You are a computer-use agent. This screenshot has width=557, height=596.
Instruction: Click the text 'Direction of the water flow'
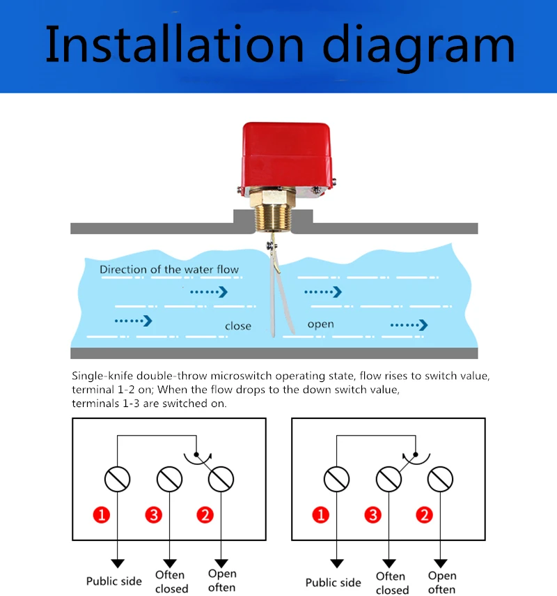point(168,270)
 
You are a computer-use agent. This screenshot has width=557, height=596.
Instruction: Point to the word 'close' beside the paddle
point(238,326)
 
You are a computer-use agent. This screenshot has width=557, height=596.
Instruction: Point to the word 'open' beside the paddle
point(320,324)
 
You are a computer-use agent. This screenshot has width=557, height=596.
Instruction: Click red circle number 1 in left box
point(102,515)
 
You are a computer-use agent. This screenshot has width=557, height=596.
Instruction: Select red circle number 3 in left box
point(154,515)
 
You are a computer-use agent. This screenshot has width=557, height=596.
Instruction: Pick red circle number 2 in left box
point(205,515)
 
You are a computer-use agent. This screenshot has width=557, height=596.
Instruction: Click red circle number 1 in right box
point(321,515)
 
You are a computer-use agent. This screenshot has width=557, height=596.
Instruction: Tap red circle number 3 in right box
point(373,515)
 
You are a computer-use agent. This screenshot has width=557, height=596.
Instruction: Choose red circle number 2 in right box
point(424,515)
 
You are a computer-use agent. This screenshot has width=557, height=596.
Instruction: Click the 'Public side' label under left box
point(114,581)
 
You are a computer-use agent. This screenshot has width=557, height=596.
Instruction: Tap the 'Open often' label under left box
point(222,581)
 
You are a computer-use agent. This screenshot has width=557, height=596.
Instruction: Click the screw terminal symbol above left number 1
point(117,479)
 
